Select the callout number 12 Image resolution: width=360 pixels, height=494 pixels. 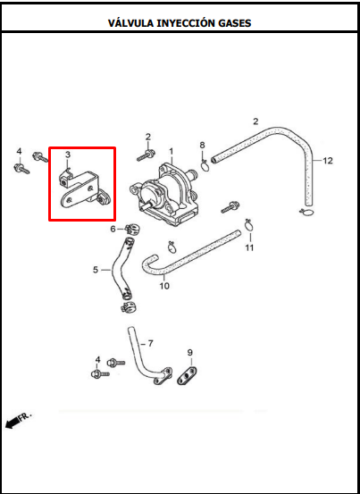(x=328, y=161)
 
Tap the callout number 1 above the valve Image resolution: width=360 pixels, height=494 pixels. (x=171, y=152)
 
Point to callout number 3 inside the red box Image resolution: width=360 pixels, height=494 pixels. (x=68, y=155)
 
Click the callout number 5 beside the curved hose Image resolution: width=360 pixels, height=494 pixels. (x=96, y=270)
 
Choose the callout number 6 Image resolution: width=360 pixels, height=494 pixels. (x=113, y=229)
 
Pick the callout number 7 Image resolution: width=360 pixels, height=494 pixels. (x=151, y=343)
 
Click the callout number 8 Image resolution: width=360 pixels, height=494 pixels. (x=202, y=146)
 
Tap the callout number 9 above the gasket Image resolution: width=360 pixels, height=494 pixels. (x=189, y=352)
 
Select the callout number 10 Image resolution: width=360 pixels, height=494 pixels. (x=164, y=286)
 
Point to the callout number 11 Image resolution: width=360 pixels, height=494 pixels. (x=249, y=247)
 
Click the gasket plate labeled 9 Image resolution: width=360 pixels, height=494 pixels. (x=188, y=376)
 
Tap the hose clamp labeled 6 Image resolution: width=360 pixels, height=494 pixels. (x=132, y=228)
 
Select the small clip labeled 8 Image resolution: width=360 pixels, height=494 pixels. (x=205, y=166)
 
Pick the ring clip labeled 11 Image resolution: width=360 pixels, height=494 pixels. (x=249, y=224)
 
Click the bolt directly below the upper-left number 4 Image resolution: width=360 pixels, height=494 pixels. (x=21, y=169)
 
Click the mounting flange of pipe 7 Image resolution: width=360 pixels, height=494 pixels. (x=163, y=376)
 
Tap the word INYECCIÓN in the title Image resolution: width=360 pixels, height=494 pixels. (x=184, y=22)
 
